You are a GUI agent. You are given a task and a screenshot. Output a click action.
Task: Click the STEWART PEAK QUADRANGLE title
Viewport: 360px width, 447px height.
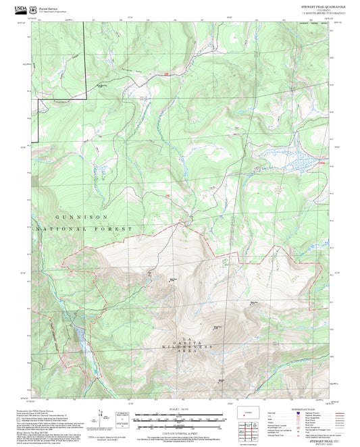[x=323, y=6]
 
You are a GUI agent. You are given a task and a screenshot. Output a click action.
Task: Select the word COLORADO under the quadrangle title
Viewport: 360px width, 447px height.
[x=323, y=10]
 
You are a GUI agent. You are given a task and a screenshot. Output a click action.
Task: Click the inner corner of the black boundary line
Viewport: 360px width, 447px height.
[x=86, y=99]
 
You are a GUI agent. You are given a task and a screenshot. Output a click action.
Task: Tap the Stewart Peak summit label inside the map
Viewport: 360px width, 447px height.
[x=173, y=279]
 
